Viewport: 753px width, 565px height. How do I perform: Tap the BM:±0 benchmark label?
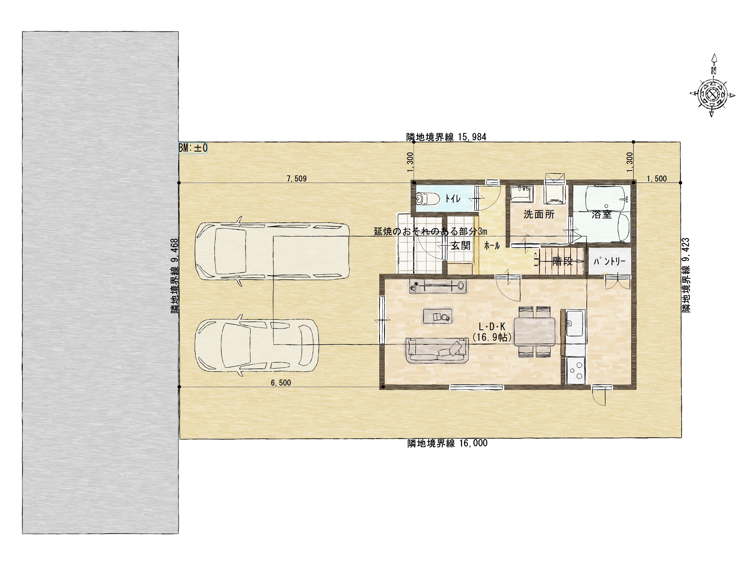[193, 148]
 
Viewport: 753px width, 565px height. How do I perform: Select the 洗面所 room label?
[539, 214]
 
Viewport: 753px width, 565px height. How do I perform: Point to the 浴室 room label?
[601, 214]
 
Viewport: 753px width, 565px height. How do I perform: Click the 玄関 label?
[461, 246]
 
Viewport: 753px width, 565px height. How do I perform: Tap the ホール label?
[492, 246]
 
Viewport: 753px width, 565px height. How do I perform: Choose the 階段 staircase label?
[562, 262]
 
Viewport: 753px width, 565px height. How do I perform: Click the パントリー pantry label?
[609, 261]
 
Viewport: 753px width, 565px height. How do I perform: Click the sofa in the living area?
[437, 351]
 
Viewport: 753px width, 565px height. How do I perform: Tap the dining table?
[534, 332]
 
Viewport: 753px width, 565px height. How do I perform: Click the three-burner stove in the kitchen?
[576, 371]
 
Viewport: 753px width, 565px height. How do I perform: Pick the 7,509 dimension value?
[296, 179]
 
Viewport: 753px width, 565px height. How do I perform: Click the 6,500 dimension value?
[281, 383]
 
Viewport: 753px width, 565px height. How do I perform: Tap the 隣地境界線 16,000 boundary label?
[447, 444]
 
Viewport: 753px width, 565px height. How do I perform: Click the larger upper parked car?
[272, 251]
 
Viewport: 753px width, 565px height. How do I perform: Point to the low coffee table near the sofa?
[437, 316]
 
